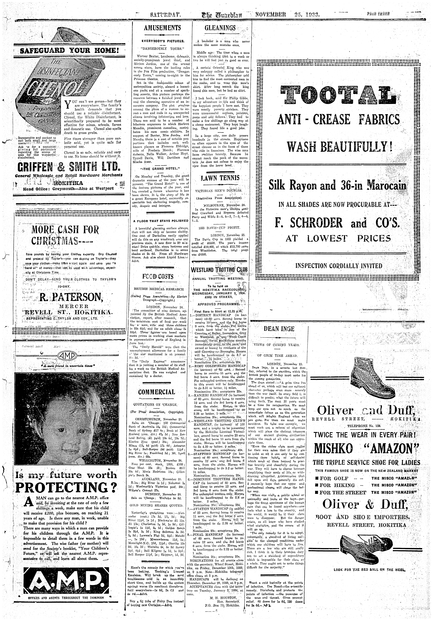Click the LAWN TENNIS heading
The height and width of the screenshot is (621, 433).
(220, 178)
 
